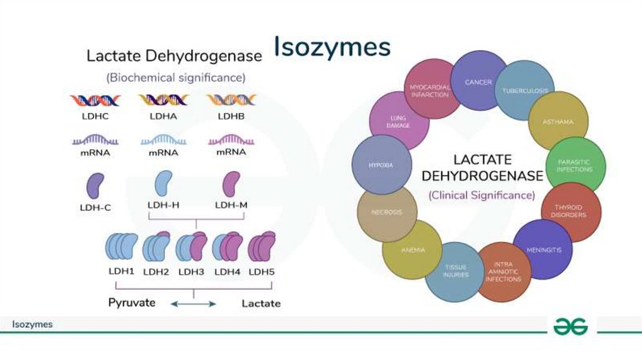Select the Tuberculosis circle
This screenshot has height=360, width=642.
pyautogui.click(x=525, y=90)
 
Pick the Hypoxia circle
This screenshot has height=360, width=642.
pyautogui.click(x=381, y=166)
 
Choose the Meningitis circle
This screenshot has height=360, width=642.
pyautogui.click(x=543, y=250)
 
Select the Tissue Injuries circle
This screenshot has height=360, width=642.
pyautogui.click(x=455, y=271)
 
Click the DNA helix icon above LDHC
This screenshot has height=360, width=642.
pyautogui.click(x=95, y=100)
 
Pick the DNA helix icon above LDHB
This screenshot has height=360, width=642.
pyautogui.click(x=231, y=100)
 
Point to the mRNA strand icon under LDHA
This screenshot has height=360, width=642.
pyautogui.click(x=163, y=139)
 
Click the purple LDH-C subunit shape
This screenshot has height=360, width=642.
pyautogui.click(x=95, y=187)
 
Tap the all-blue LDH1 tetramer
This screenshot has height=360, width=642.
pyautogui.click(x=121, y=247)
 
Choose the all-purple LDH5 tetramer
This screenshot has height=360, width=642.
pyautogui.click(x=262, y=247)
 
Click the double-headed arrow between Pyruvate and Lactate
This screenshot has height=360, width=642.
pyautogui.click(x=194, y=304)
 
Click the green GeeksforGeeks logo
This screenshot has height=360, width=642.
pyautogui.click(x=571, y=326)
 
